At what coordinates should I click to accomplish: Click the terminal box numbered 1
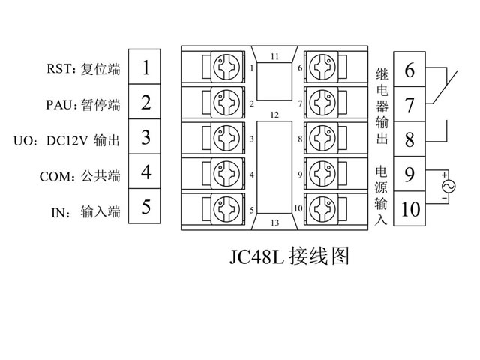[146, 68]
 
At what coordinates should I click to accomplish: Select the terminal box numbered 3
[146, 138]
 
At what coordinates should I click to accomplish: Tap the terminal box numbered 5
[146, 206]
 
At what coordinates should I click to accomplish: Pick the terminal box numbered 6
[409, 71]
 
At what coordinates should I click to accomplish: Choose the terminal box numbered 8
[409, 139]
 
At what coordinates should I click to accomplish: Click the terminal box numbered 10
[409, 208]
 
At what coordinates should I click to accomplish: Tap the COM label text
[57, 176]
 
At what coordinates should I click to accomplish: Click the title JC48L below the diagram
[256, 257]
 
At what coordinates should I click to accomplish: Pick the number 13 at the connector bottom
[274, 223]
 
